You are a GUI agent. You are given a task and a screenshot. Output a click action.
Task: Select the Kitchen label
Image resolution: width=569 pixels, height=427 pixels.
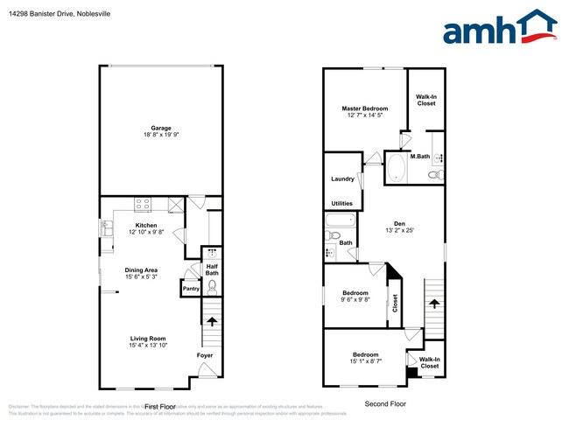click(x=145, y=226)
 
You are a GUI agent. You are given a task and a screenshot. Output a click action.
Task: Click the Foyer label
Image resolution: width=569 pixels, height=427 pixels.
click(x=204, y=355)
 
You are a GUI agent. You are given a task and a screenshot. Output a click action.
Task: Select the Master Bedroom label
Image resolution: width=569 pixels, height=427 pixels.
click(x=365, y=108)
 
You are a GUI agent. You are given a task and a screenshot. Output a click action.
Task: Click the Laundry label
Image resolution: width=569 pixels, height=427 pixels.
click(x=342, y=179)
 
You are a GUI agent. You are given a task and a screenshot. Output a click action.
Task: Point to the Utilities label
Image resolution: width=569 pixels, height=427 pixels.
click(x=342, y=203)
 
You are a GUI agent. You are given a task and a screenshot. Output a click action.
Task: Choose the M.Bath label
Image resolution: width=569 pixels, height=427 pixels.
click(x=420, y=157)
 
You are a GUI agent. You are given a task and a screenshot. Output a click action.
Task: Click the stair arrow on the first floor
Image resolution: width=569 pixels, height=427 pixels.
click(x=211, y=322)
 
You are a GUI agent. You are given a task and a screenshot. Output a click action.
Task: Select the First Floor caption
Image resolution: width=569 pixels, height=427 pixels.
click(x=160, y=407)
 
